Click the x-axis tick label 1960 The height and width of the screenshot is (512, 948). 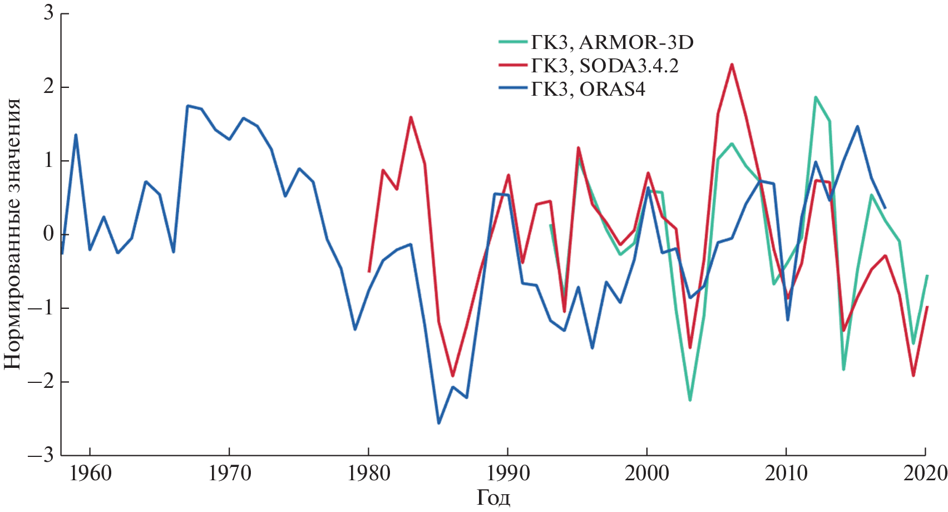[x=90, y=474]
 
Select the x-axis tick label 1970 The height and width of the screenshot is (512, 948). [x=229, y=474]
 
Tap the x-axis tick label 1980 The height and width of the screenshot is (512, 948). [x=368, y=474]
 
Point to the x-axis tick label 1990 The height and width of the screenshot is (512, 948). [x=507, y=474]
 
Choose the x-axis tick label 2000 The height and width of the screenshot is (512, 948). [x=646, y=474]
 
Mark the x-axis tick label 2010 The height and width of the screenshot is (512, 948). [x=786, y=474]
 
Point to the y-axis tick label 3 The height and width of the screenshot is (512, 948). [x=49, y=13]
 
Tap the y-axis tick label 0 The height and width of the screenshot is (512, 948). [x=49, y=234]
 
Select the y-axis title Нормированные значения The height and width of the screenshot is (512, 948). [x=13, y=234]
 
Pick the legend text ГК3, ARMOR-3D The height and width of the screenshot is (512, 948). [x=612, y=42]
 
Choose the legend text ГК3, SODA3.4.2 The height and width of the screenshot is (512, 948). [x=605, y=66]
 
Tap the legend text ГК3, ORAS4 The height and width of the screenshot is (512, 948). [x=588, y=89]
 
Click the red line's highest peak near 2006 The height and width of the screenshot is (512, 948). [x=732, y=65]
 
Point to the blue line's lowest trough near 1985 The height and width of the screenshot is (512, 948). [x=438, y=423]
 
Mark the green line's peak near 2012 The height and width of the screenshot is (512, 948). [x=815, y=97]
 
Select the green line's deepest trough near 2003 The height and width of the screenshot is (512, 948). [x=690, y=400]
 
